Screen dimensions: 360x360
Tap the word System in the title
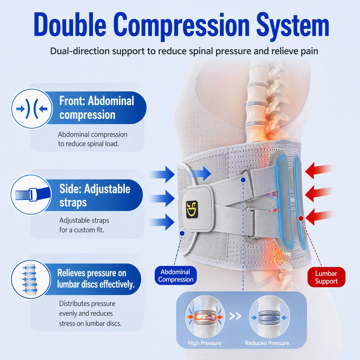point(293,26)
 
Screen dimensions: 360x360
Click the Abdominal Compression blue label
point(176,276)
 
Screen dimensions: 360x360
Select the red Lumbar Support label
point(326,277)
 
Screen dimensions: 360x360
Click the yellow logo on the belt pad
point(192,209)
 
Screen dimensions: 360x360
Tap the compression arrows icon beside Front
point(32,109)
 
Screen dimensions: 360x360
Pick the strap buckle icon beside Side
point(31,194)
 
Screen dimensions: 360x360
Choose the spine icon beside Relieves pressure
point(31,279)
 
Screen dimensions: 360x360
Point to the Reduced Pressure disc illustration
point(270,317)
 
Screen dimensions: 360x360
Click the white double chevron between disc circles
point(235,316)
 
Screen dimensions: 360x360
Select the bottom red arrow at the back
point(319,217)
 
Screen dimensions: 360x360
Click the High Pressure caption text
point(205,343)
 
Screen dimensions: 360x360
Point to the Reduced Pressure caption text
point(267,343)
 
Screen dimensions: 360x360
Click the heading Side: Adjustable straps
point(95,195)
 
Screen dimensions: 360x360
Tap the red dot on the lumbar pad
point(301,218)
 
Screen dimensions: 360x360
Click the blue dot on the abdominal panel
point(182,233)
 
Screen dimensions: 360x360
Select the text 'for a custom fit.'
point(82,230)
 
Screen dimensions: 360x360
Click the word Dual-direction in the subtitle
point(80,51)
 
